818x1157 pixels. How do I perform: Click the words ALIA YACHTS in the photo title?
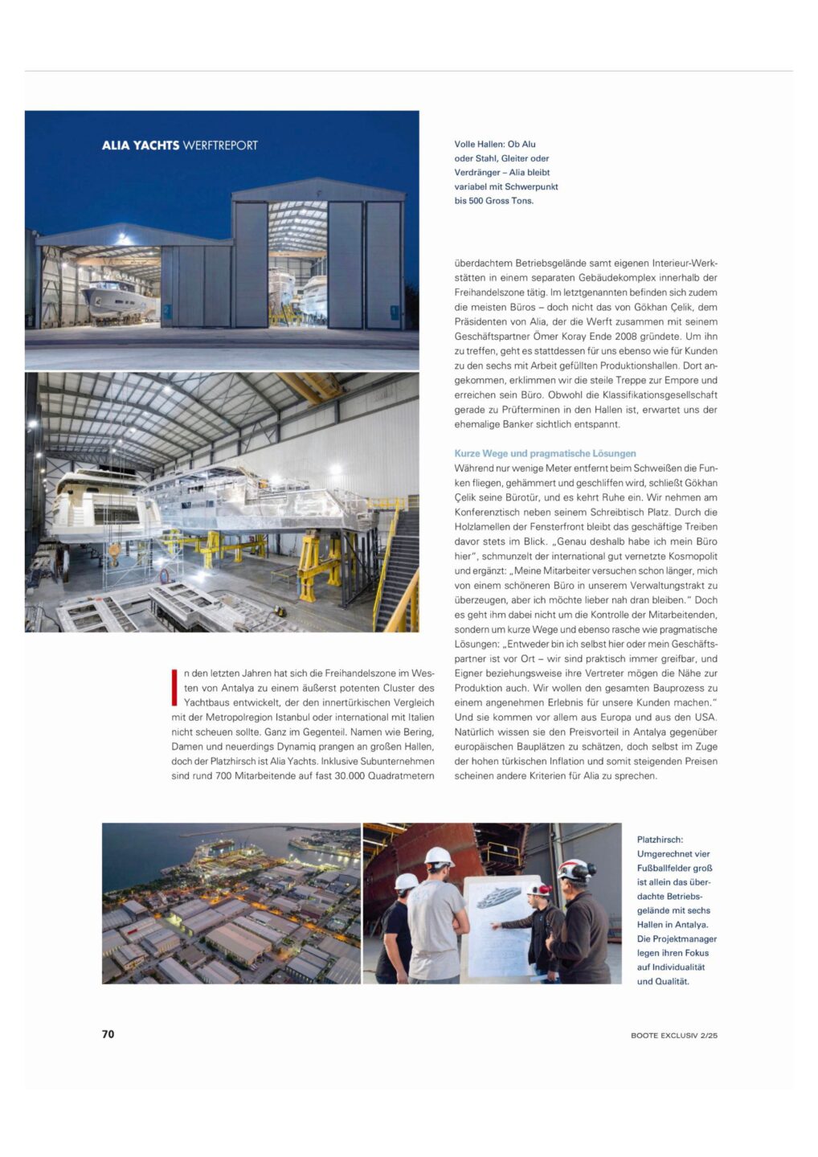tap(141, 145)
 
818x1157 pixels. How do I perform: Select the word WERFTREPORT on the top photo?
tap(220, 145)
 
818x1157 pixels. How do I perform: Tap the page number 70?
tap(108, 1034)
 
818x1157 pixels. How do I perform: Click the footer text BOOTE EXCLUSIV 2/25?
tap(673, 1035)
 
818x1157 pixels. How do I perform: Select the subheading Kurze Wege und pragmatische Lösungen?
tap(545, 453)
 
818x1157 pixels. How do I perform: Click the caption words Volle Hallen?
tap(479, 145)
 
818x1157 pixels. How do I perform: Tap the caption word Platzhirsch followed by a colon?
tap(661, 840)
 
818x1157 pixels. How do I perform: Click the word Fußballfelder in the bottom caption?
tap(674, 868)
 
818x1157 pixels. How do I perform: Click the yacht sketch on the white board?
tap(500, 898)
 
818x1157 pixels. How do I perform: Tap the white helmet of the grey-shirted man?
tap(439, 857)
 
